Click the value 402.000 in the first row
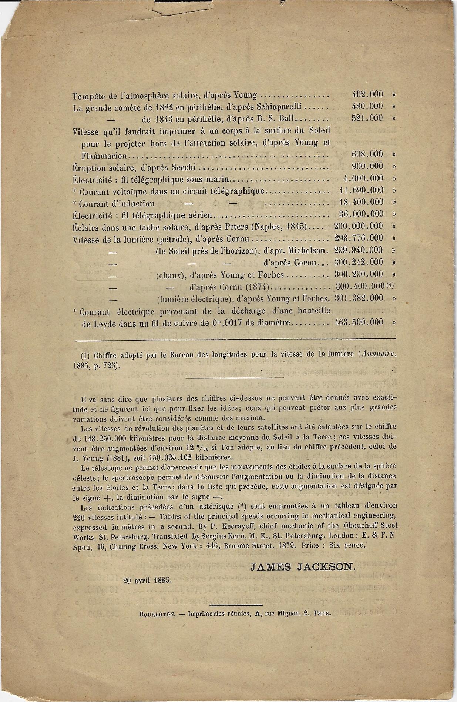point(367,94)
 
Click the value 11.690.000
point(361,190)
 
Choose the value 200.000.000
point(358,226)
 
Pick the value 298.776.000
point(358,238)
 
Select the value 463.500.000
point(358,322)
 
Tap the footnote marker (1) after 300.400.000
point(391,286)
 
